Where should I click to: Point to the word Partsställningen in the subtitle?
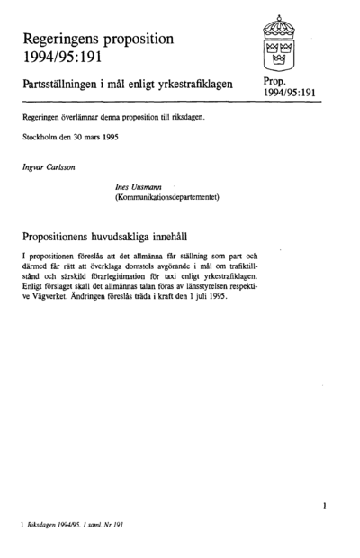[73, 83]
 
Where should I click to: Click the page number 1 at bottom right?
[321, 507]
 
